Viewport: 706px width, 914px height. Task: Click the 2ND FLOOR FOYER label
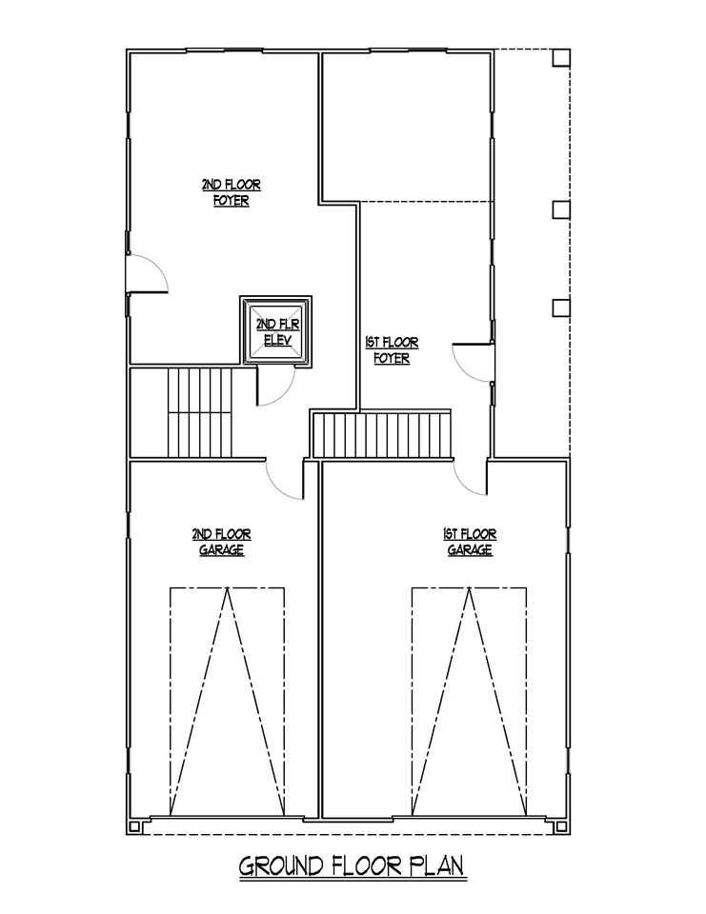pos(232,193)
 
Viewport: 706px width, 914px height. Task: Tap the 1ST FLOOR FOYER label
pos(392,350)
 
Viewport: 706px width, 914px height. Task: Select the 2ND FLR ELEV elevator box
pos(276,331)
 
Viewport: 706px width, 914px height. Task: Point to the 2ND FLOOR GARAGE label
pos(221,542)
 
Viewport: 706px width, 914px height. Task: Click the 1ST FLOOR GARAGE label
pos(469,542)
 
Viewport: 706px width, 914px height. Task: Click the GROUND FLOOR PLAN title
pos(352,866)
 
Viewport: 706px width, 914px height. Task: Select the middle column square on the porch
pos(561,209)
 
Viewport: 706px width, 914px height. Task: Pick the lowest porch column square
pos(561,308)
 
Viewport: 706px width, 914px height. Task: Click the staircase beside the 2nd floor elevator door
pos(200,412)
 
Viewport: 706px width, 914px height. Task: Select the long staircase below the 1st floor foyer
pos(382,435)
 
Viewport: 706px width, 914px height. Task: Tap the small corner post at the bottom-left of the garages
pos(135,826)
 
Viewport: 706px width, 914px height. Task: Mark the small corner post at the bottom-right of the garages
pos(561,826)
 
